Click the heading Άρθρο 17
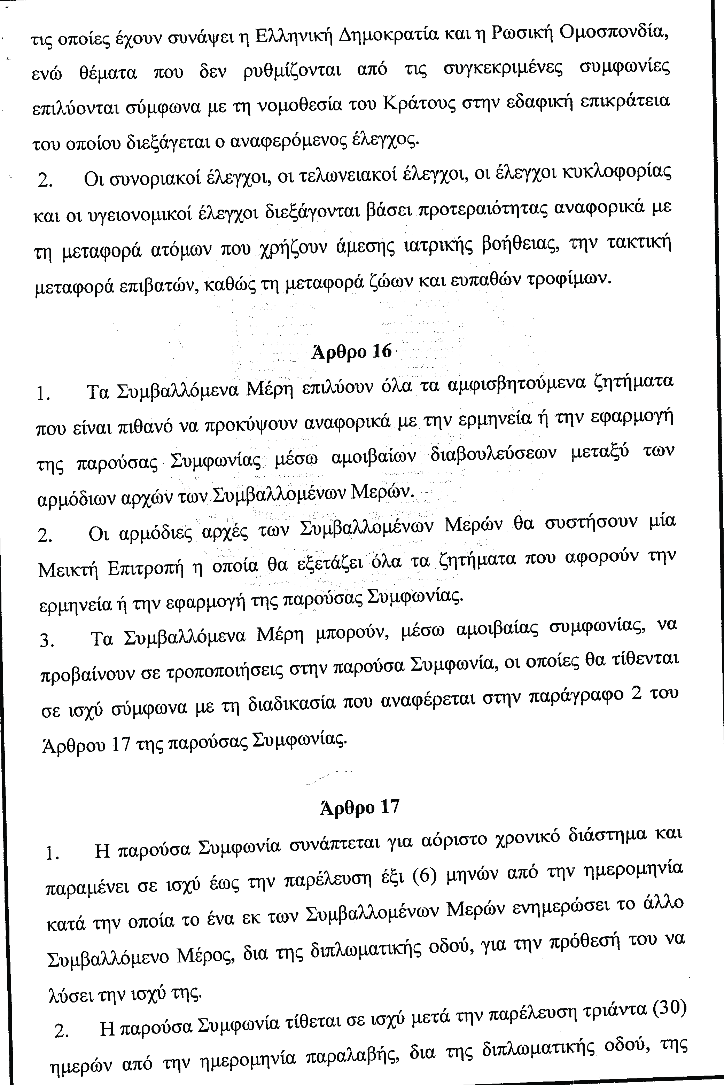[x=359, y=807]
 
